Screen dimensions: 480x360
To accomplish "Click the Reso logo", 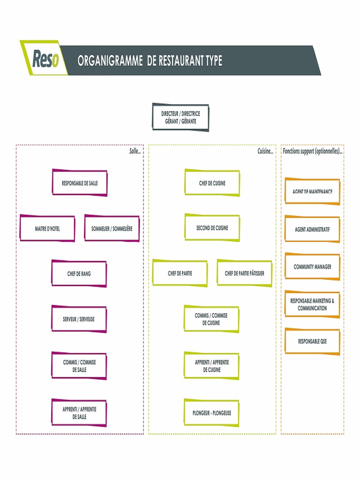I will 45,59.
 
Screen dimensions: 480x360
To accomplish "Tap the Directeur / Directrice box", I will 180,117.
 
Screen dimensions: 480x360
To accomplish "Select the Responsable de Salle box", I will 80,183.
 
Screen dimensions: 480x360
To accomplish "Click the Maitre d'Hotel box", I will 47,228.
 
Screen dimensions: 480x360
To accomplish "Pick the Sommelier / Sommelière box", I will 112,228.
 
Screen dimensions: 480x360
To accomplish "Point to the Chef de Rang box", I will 79,273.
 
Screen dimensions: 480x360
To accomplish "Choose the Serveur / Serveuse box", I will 79,319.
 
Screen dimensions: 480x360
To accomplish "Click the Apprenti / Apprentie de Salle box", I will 79,412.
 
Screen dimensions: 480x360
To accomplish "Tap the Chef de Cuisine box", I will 212,183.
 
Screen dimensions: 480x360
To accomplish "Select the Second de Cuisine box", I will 212,228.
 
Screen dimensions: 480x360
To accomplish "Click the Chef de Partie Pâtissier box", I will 244,273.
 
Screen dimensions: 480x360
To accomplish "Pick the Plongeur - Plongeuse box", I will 211,412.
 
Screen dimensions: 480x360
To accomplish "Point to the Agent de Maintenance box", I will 312,191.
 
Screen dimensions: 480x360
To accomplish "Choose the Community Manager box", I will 312,267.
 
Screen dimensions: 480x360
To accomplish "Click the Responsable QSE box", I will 312,341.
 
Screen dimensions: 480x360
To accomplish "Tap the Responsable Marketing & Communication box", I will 312,304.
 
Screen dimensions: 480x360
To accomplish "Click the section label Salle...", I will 135,151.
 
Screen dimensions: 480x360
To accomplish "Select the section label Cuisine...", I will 265,151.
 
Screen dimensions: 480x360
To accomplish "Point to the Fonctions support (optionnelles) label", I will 312,151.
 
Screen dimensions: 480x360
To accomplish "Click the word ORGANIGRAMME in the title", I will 110,60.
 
